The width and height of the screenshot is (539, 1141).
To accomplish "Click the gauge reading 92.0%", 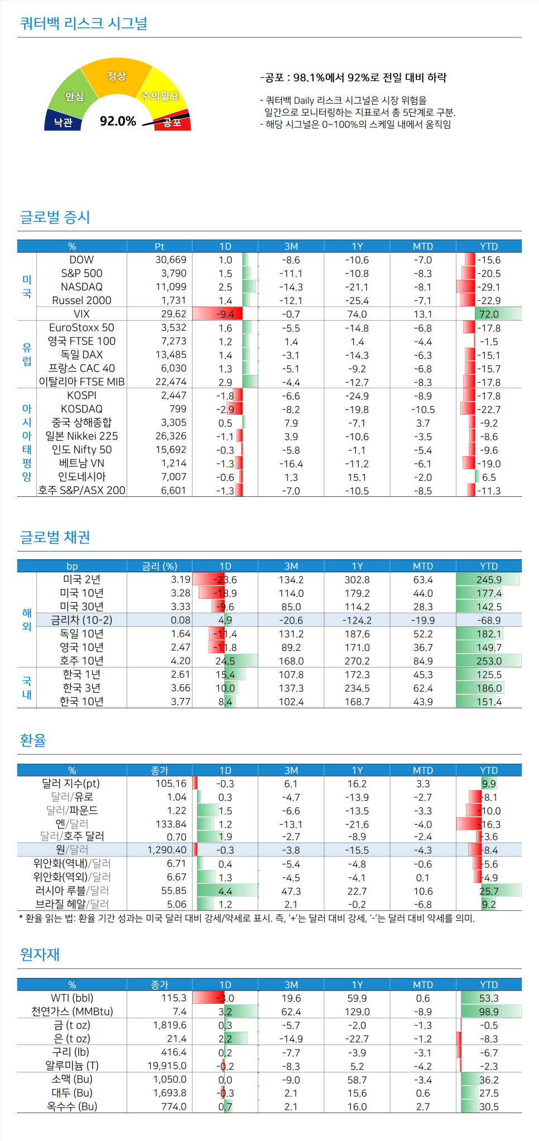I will [118, 121].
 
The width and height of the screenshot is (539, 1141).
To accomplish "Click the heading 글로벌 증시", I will [55, 217].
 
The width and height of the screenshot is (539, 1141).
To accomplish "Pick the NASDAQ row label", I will [81, 287].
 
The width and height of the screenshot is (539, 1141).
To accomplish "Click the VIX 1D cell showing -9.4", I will [225, 314].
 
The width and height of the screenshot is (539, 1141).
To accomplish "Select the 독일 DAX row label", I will [81, 355].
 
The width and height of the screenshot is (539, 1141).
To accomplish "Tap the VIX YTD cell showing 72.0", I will [489, 314].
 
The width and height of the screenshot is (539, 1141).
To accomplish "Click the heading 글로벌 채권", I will [55, 537].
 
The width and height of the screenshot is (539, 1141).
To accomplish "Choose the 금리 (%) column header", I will [160, 566].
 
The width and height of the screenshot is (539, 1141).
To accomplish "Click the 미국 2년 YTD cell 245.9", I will [489, 579].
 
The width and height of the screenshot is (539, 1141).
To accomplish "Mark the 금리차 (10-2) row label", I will [81, 620].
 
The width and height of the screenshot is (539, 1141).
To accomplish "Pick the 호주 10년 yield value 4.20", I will [180, 661].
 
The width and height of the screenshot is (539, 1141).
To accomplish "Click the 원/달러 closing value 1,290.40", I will [167, 850].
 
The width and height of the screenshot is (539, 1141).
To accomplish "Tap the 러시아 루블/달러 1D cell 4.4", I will [225, 891].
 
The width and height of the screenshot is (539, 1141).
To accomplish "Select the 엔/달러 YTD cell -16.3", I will [489, 824].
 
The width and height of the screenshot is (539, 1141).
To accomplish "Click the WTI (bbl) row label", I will [72, 998].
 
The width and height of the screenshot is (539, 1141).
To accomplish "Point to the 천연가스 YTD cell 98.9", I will [489, 1012].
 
